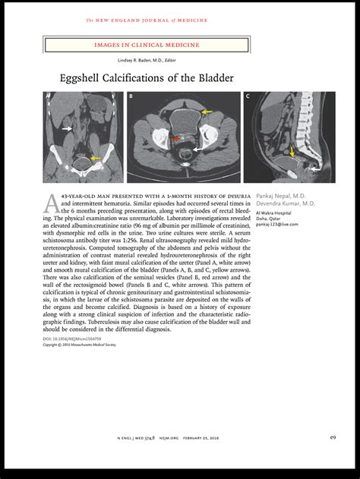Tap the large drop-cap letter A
49,202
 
